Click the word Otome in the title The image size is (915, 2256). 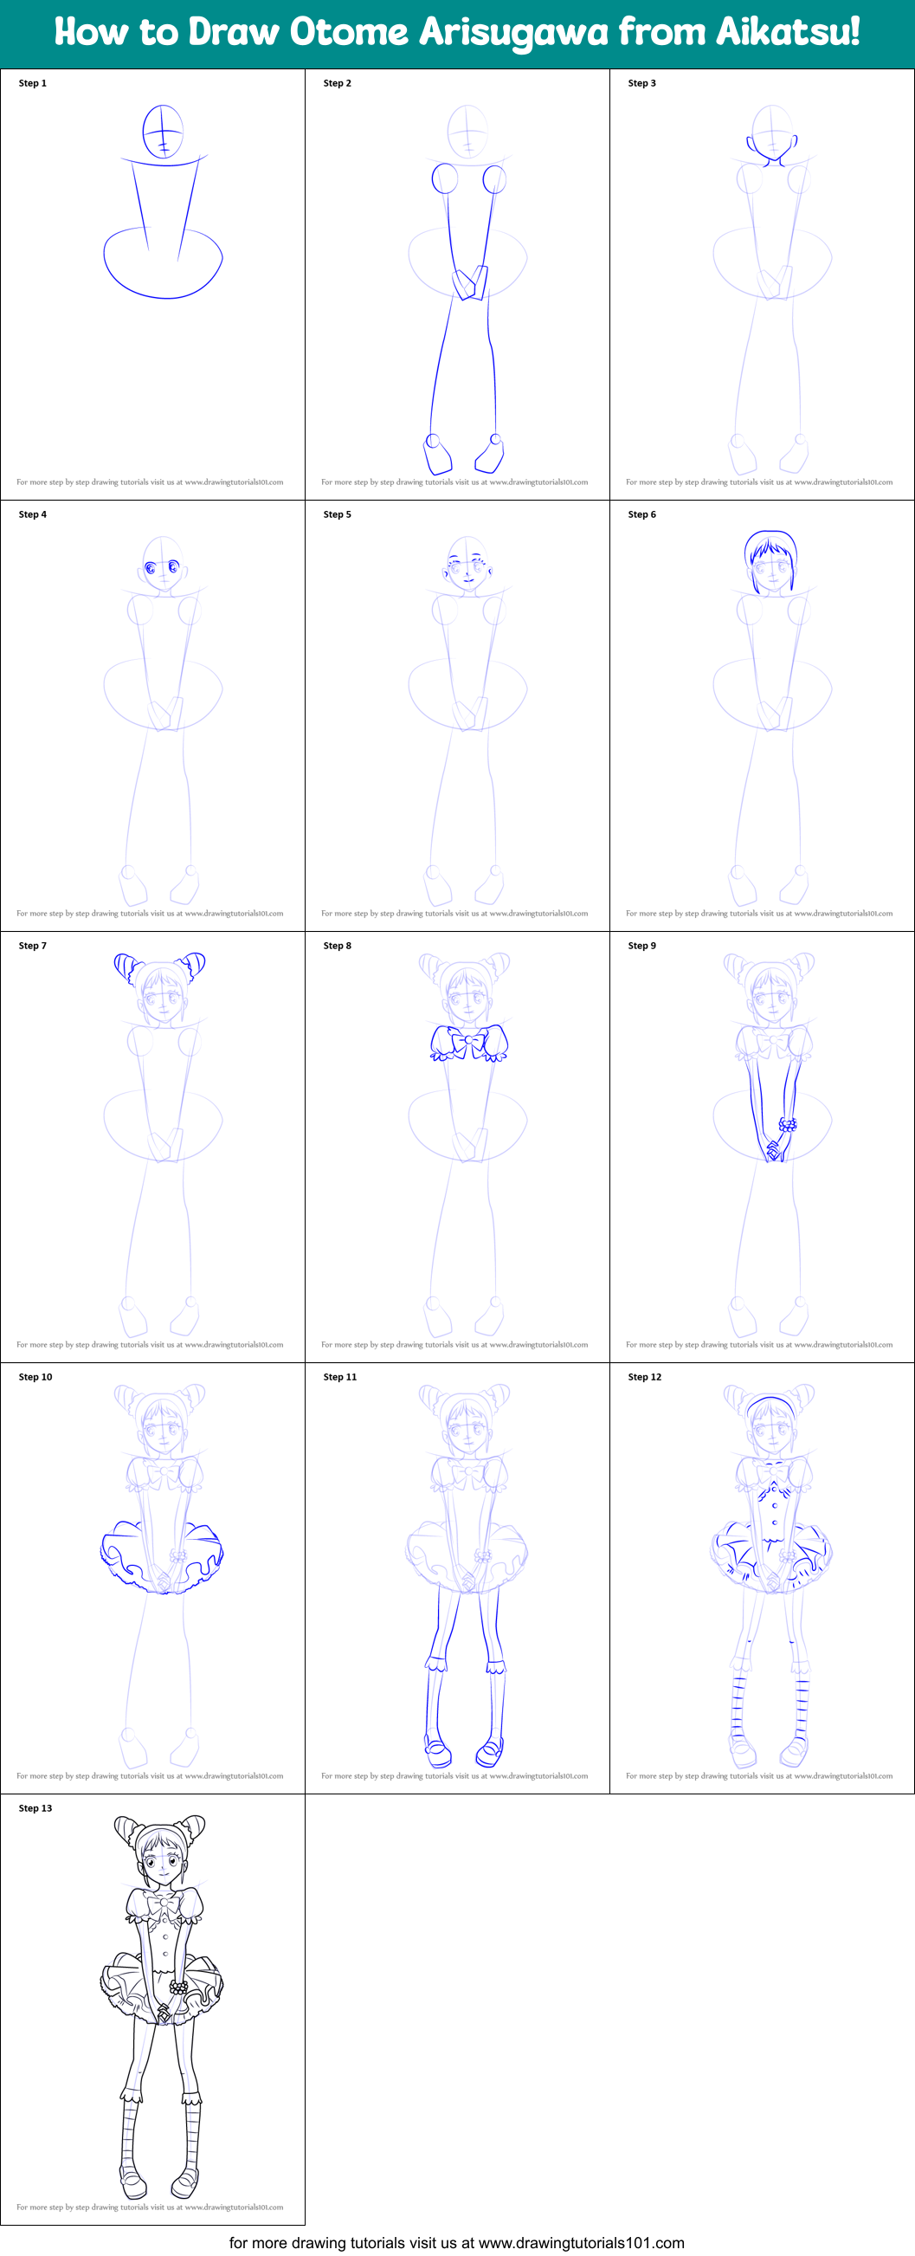click(349, 32)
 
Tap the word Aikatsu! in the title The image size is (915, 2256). click(787, 32)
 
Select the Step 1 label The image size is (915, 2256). click(32, 83)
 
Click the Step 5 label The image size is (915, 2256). click(337, 514)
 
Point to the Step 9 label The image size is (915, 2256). click(641, 946)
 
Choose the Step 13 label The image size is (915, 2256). click(35, 1807)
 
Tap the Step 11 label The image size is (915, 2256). click(339, 1377)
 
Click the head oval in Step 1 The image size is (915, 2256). click(163, 132)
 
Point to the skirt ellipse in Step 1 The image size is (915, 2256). click(163, 262)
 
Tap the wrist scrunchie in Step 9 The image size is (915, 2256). click(788, 1124)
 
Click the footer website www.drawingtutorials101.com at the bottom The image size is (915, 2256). click(582, 2243)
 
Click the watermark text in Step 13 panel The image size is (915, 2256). click(150, 2207)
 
